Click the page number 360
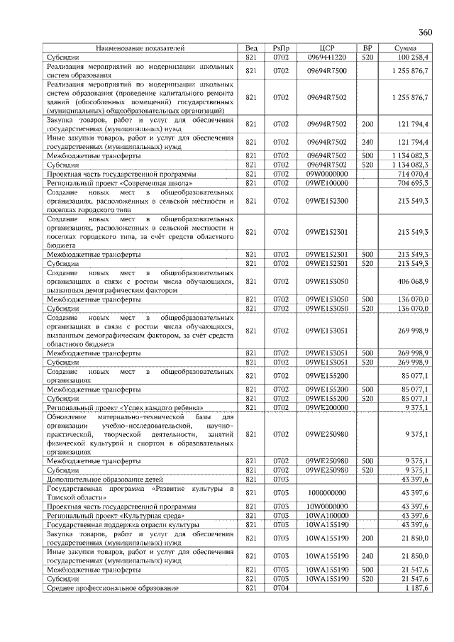coord(426,33)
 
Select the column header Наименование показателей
coord(140,48)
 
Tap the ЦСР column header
coord(327,48)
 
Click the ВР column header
coord(367,48)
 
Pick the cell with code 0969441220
coord(327,56)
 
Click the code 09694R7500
coord(327,71)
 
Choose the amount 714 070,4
coord(414,173)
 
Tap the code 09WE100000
coord(327,182)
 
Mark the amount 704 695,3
coord(414,182)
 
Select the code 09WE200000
coord(327,408)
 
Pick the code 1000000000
coord(327,493)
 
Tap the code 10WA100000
coord(327,515)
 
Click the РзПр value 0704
coord(282,588)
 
